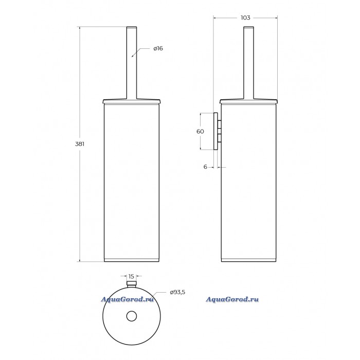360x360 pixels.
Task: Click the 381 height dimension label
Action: (80, 144)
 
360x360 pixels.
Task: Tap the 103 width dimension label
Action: (245, 17)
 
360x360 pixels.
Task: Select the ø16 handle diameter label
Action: (158, 48)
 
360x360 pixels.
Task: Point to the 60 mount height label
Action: (200, 131)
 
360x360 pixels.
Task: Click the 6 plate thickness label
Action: (205, 167)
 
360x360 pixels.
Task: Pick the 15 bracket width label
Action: (131, 276)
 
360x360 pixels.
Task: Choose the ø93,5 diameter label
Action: (177, 292)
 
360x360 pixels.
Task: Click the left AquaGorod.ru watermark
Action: (127, 299)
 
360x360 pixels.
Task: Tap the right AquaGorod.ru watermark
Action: (232, 299)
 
